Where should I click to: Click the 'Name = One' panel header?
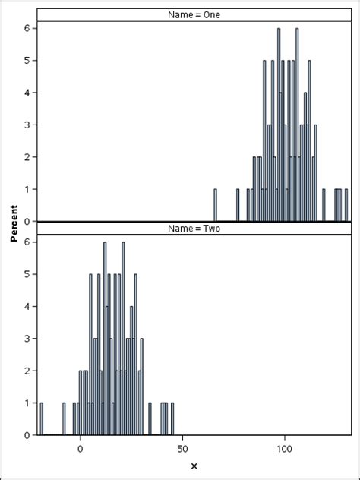pyautogui.click(x=194, y=14)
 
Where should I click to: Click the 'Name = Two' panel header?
pyautogui.click(x=194, y=229)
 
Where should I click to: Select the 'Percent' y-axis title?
pyautogui.click(x=14, y=226)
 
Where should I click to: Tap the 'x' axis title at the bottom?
pyautogui.click(x=194, y=466)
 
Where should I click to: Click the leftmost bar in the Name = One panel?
pyautogui.click(x=215, y=205)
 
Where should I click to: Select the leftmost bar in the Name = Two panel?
pyautogui.click(x=42, y=419)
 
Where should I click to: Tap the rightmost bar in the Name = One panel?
pyautogui.click(x=346, y=205)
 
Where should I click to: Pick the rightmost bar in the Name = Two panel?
pyautogui.click(x=172, y=419)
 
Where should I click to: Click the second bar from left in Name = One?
pyautogui.click(x=238, y=205)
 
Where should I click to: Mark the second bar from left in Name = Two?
pyautogui.click(x=64, y=419)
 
